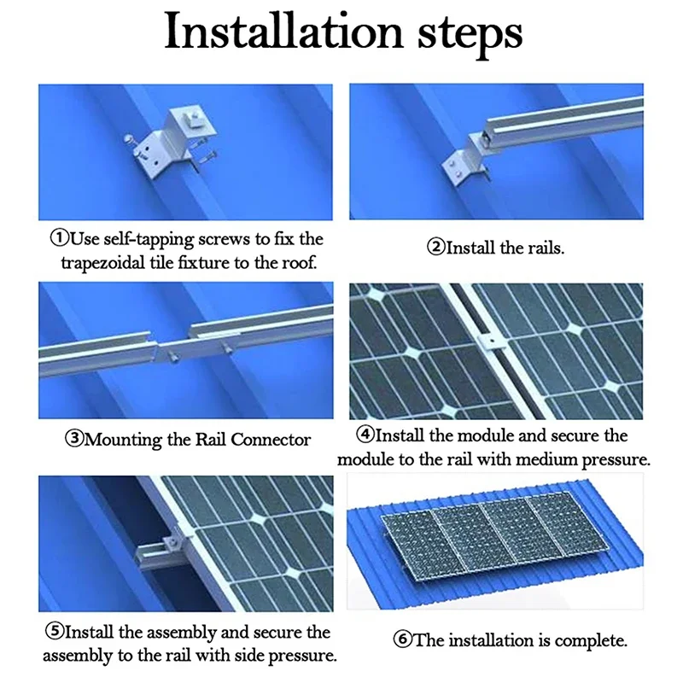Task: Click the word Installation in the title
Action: pyautogui.click(x=283, y=32)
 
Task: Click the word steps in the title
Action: pyautogui.click(x=470, y=36)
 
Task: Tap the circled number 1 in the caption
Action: pyautogui.click(x=59, y=238)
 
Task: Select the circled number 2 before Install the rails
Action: pyautogui.click(x=435, y=247)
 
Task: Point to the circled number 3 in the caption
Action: pyautogui.click(x=73, y=438)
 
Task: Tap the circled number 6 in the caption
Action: pyautogui.click(x=402, y=639)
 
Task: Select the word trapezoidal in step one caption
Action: pyautogui.click(x=102, y=264)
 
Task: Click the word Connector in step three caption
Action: pyautogui.click(x=271, y=439)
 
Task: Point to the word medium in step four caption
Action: pyautogui.click(x=540, y=459)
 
